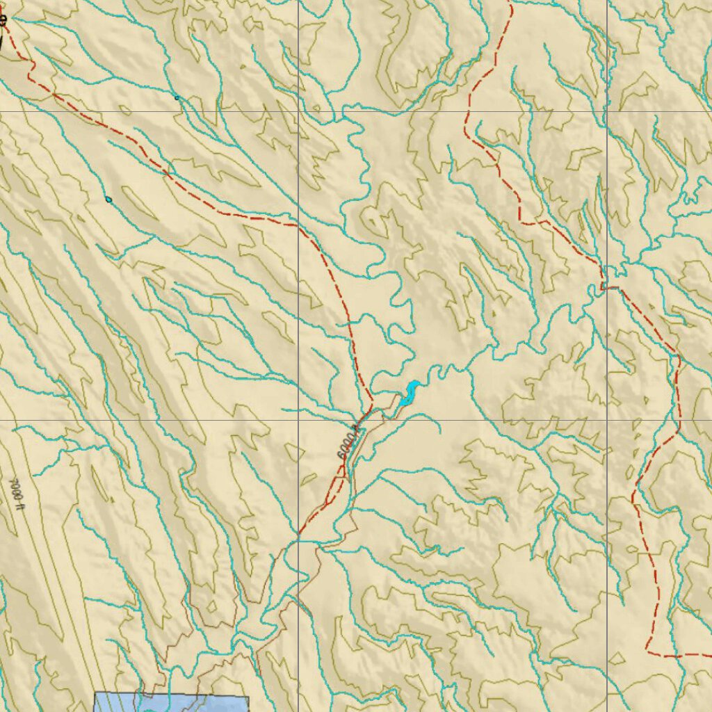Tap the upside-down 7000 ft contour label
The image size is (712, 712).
[17, 490]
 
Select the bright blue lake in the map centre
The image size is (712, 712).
[409, 394]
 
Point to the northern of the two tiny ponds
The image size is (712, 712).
[177, 98]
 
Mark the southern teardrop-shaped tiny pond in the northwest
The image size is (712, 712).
[108, 200]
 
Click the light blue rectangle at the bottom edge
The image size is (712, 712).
[171, 702]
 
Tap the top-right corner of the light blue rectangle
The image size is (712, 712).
[248, 695]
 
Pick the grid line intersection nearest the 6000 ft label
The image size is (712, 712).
[299, 420]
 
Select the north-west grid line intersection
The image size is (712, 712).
[299, 111]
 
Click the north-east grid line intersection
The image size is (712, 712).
[607, 111]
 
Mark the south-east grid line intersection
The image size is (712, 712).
[607, 420]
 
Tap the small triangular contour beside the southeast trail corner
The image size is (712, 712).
[617, 658]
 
